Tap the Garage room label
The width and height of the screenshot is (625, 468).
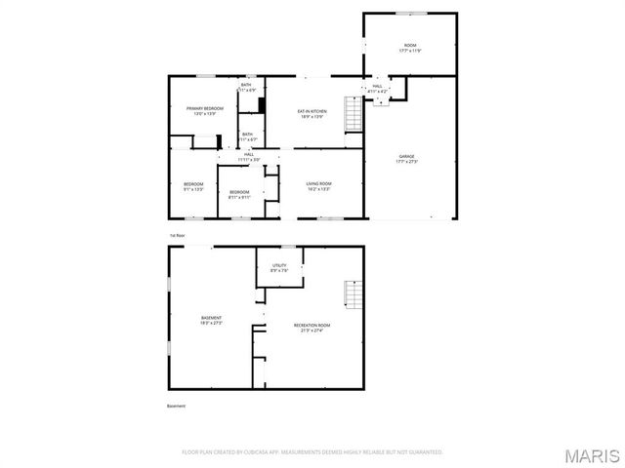coord(406,159)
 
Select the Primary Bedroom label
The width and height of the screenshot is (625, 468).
coord(205,110)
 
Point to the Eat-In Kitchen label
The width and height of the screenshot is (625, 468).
coord(312,114)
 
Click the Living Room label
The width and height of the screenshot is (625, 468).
coord(318,186)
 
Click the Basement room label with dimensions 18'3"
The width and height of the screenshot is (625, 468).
coord(211,320)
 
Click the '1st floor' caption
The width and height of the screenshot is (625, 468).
coord(177,236)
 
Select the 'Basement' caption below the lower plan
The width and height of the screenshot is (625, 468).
coord(176,406)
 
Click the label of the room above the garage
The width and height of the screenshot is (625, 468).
coord(409,47)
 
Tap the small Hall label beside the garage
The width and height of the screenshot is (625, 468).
coord(377,89)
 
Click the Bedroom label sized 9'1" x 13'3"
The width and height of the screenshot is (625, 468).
coord(193,186)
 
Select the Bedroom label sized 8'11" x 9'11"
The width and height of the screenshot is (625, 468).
coord(239,194)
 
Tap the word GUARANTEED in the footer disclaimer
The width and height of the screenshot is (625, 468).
coord(421,452)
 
